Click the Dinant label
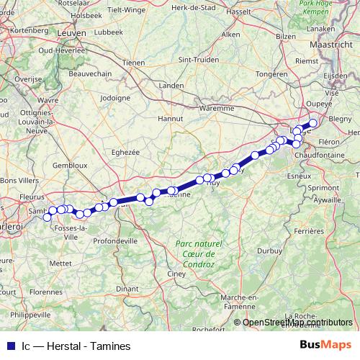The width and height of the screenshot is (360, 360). (127, 289)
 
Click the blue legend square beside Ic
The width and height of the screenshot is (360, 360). (11, 346)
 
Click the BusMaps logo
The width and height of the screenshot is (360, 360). (324, 345)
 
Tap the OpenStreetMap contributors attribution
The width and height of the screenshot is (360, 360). (297, 323)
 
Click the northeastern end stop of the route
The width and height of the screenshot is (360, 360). (313, 123)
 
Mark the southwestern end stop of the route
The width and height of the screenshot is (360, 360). (48, 217)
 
